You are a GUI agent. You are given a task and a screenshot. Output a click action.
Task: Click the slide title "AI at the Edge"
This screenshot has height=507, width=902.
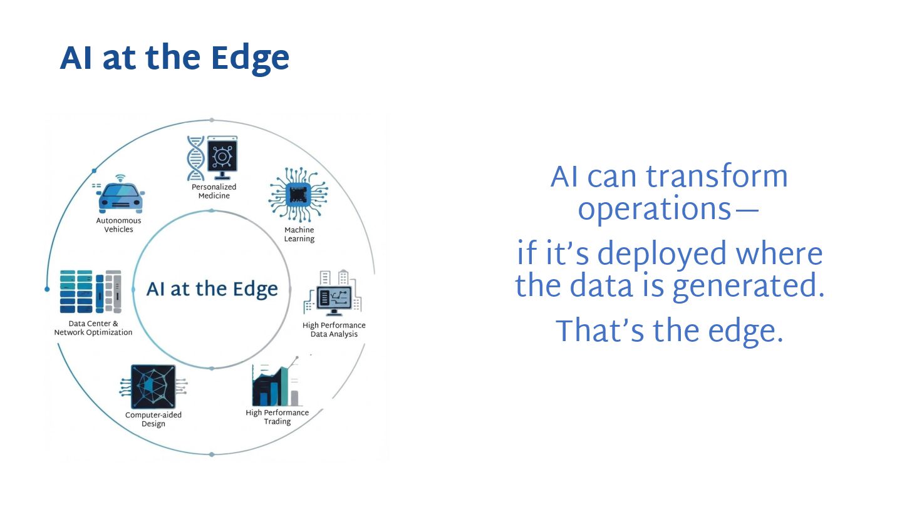174,58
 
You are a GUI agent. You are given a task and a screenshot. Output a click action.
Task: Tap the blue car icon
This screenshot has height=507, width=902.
120,197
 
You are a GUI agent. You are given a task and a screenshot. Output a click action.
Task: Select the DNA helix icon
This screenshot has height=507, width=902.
196,158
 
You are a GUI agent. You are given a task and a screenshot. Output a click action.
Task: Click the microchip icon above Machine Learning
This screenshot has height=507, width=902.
299,195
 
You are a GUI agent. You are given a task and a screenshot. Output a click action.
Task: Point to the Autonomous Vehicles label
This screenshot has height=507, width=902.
118,225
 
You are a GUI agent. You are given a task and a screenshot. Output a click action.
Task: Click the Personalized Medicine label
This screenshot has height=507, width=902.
214,191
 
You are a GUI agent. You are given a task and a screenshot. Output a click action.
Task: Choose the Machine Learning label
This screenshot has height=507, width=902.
299,234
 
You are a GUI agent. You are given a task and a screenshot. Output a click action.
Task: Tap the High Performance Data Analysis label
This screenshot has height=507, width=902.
334,329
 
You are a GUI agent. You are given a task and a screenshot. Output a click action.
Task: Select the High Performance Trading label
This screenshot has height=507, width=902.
277,417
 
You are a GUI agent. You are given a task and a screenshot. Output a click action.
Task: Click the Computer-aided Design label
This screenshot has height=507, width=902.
153,419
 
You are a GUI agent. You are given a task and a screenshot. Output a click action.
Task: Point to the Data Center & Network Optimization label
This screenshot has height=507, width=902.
93,328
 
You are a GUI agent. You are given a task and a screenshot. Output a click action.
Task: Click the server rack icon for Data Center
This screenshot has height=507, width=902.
90,291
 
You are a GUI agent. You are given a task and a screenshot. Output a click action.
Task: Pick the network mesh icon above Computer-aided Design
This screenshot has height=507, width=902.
153,387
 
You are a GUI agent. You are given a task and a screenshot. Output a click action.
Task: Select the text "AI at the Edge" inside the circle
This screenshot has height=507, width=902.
212,289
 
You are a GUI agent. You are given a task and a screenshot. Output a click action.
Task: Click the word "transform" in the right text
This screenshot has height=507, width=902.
717,177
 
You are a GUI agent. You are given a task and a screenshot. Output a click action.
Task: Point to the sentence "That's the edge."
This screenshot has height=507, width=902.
669,331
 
